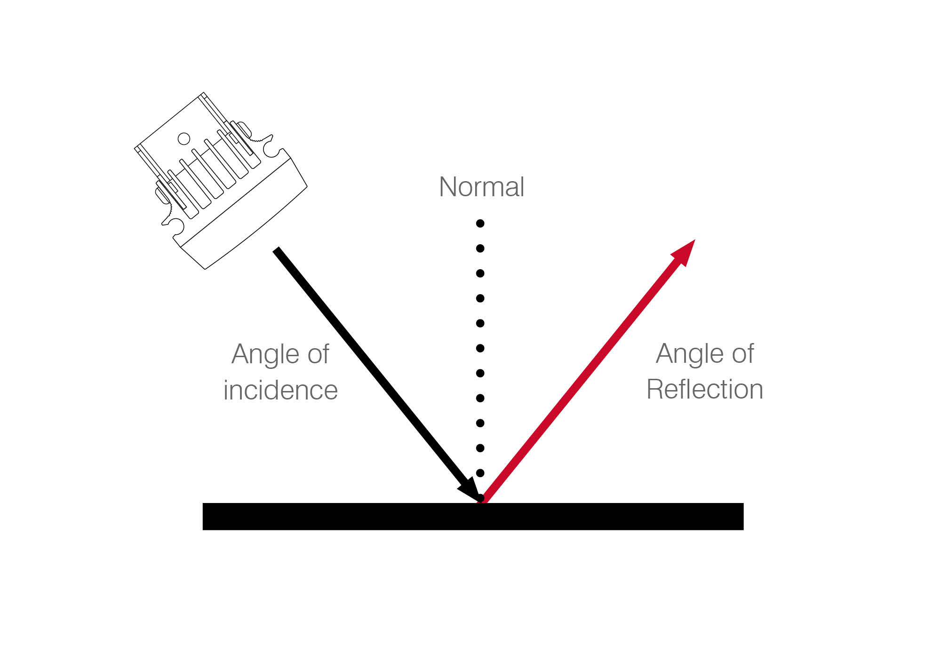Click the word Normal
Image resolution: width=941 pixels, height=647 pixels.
point(481,187)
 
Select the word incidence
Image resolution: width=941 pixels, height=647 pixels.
point(280,390)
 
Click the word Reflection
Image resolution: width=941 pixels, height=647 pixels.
point(704,389)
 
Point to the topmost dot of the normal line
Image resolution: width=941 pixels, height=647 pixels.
point(480,224)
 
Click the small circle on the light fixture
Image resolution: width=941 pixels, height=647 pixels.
point(184,138)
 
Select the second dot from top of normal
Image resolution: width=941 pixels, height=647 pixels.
point(480,248)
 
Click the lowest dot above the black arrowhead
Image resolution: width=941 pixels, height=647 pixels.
point(480,473)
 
